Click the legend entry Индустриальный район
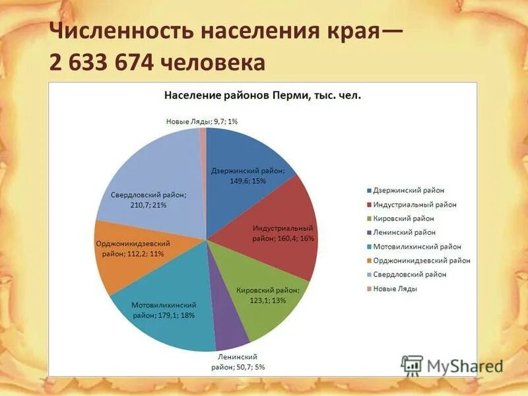click(x=414, y=205)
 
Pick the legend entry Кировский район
click(x=404, y=218)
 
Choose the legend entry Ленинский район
click(x=404, y=232)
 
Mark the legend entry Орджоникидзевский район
click(x=421, y=261)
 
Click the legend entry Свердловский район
click(x=410, y=275)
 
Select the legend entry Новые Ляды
click(x=395, y=288)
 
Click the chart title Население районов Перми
click(x=262, y=96)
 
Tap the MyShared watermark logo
click(x=452, y=365)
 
